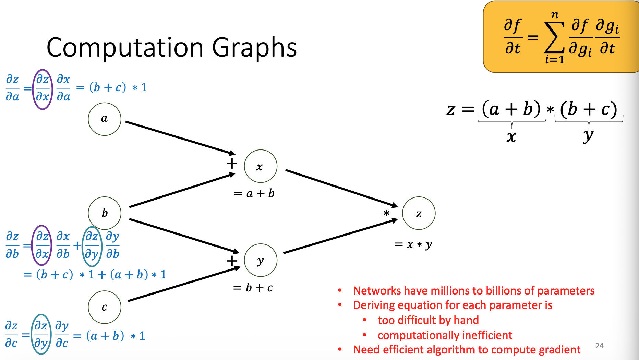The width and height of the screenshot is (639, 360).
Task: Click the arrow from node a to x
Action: tap(180, 137)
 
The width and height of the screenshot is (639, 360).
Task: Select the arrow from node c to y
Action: tap(184, 284)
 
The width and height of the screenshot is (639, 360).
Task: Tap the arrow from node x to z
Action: tap(342, 188)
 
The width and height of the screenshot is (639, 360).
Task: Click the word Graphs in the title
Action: tap(254, 48)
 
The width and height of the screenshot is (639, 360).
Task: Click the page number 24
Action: tap(599, 346)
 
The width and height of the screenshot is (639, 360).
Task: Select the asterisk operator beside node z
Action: tap(386, 213)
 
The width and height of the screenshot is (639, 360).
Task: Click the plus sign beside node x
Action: tap(232, 164)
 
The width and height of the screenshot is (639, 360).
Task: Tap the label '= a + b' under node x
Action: tap(254, 194)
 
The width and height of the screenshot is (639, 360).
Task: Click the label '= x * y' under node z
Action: tap(413, 244)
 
